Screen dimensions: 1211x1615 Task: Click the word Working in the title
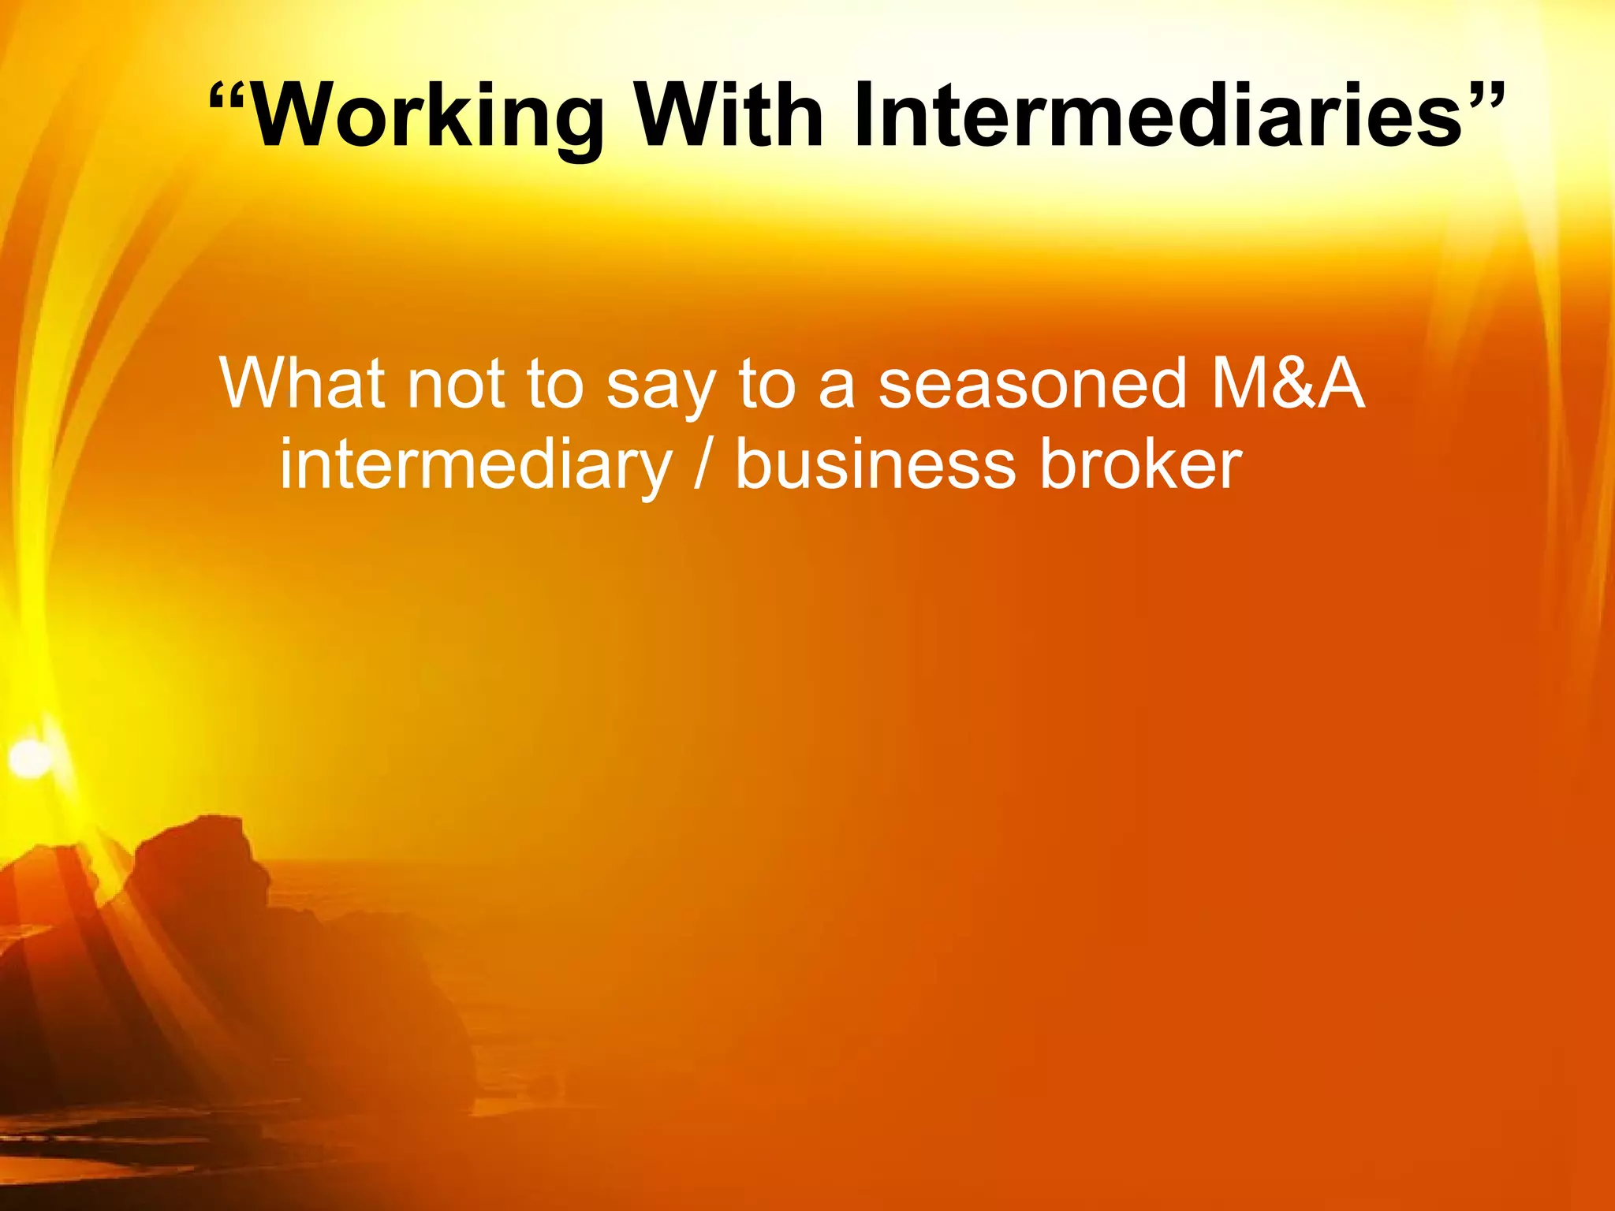point(430,117)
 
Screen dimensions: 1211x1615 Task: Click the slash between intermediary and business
point(702,465)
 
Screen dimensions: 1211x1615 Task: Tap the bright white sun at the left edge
point(30,757)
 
